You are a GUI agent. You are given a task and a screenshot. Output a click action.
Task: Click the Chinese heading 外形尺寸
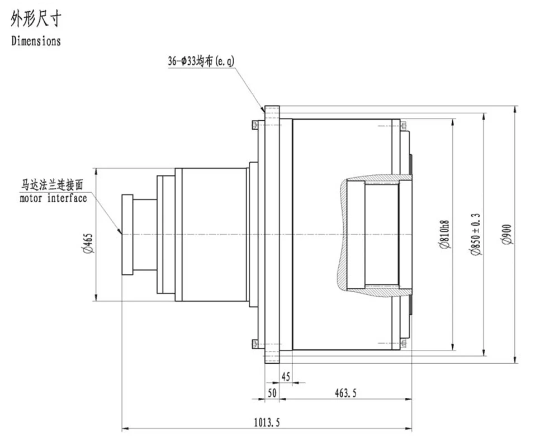click(36, 18)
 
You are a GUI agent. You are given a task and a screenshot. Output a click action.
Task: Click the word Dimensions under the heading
click(36, 41)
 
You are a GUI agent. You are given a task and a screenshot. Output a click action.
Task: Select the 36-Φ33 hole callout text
click(201, 61)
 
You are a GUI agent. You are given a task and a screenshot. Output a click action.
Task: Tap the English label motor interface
click(53, 198)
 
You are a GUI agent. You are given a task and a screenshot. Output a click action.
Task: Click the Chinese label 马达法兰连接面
click(53, 186)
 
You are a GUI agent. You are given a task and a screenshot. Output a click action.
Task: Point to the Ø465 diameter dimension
click(88, 243)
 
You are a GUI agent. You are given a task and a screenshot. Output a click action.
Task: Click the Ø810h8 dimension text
click(444, 234)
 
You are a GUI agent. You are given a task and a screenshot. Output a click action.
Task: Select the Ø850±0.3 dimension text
click(475, 234)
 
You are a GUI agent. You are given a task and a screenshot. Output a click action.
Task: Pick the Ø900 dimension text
click(506, 234)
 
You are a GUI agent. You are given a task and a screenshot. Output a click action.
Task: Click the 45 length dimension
click(286, 377)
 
